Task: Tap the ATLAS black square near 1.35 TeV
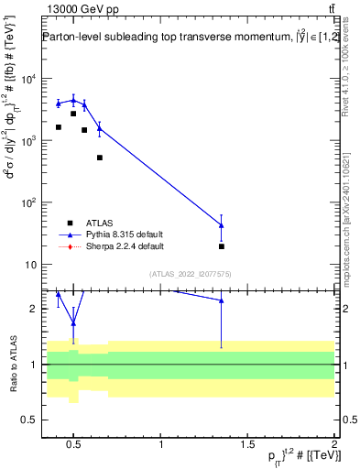tap(222, 246)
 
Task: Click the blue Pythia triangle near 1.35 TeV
tap(222, 224)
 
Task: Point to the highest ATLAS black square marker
tap(73, 114)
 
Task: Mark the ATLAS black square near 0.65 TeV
tap(100, 158)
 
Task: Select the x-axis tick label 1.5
tap(248, 445)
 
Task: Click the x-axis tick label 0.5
tap(75, 445)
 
